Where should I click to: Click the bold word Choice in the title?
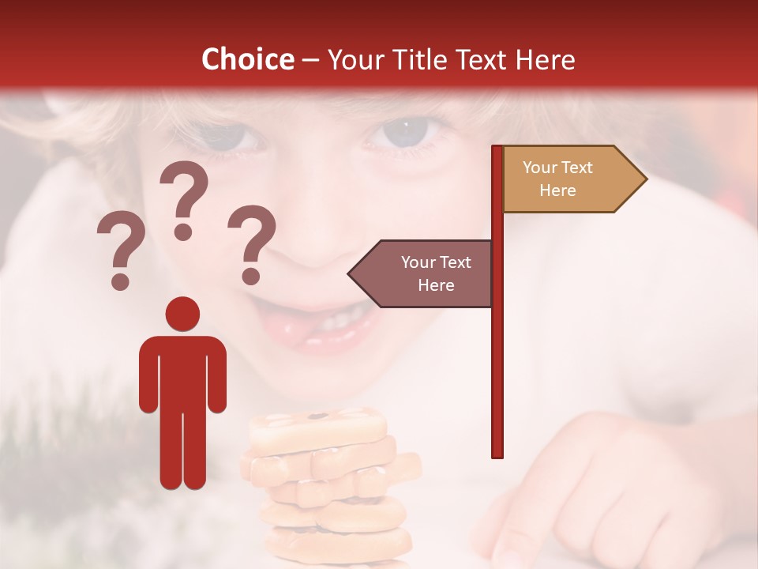[x=247, y=59]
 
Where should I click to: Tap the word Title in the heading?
[x=415, y=59]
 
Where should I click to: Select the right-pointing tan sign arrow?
[x=572, y=179]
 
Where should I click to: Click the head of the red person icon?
[x=182, y=314]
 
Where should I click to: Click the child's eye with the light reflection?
[x=404, y=130]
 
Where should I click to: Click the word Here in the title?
[x=545, y=59]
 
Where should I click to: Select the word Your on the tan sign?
[x=541, y=168]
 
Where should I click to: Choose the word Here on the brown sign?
[x=435, y=285]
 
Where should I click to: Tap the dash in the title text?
[x=310, y=60]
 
